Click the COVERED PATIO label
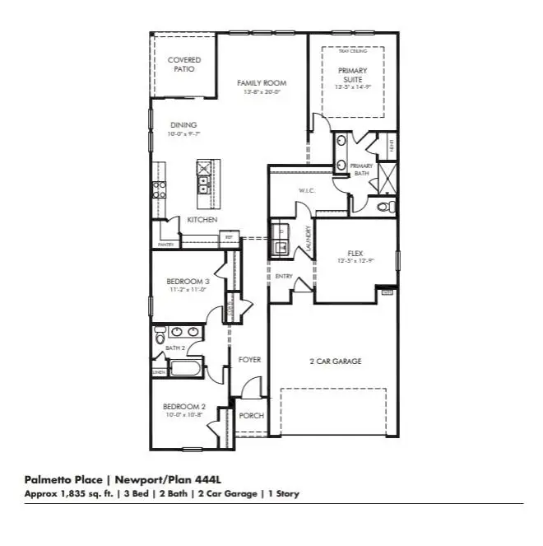click(184, 65)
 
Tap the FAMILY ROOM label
click(262, 83)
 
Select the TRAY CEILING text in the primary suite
click(351, 51)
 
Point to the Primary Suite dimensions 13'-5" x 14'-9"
click(353, 86)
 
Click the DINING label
click(183, 125)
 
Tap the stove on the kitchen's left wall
click(160, 190)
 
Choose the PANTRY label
click(165, 245)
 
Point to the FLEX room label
click(355, 254)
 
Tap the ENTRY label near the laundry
click(284, 276)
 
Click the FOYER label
click(249, 360)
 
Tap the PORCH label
click(251, 416)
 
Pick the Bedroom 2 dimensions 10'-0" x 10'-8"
click(183, 415)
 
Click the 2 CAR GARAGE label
click(335, 361)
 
